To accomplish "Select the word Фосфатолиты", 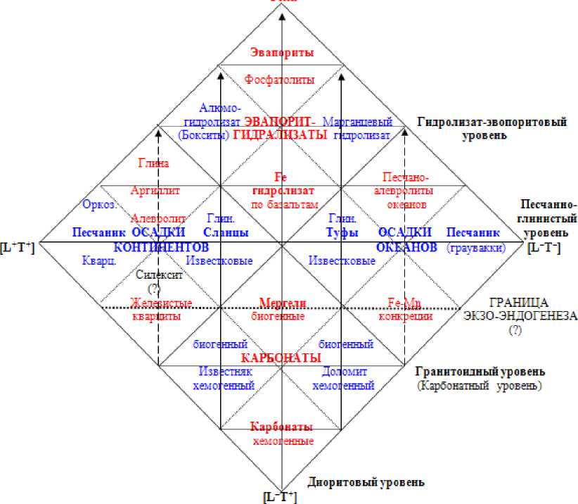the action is (280, 80).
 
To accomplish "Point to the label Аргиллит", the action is (156, 190).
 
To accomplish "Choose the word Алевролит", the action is (158, 218).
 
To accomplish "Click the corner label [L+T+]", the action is (18, 248).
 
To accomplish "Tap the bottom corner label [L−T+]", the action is (280, 498).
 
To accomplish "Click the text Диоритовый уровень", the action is (366, 482).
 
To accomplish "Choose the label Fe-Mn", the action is (404, 303).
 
